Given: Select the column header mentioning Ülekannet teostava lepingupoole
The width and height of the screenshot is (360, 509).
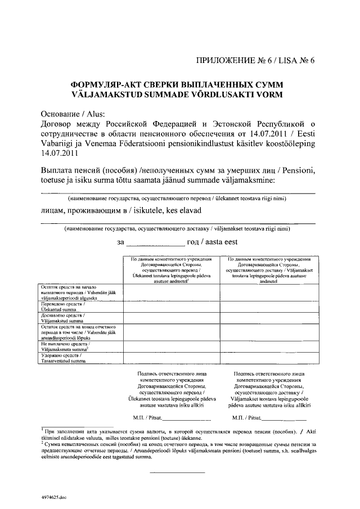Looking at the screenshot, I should click(172, 269).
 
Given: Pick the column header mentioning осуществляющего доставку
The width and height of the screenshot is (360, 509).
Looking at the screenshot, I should click(268, 269).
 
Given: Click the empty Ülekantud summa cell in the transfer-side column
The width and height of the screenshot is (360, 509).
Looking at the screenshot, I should click(172, 306).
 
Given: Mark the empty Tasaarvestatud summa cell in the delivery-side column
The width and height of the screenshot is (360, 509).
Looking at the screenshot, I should click(268, 358).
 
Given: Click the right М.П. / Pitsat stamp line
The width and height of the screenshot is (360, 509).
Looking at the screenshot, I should click(269, 418).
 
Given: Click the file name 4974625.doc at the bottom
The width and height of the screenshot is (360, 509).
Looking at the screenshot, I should click(53, 498).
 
